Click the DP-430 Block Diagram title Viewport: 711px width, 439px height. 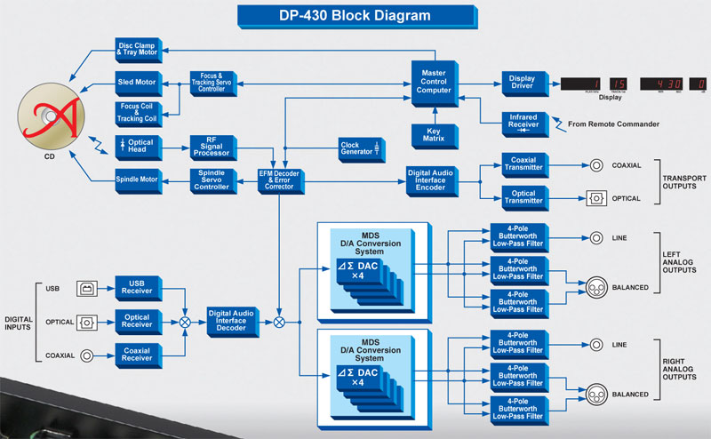355,15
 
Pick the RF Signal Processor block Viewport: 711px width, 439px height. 212,147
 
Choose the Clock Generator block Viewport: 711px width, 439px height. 357,147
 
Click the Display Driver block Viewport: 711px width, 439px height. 522,83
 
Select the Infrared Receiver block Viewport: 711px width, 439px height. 522,122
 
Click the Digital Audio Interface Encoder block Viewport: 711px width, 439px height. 432,180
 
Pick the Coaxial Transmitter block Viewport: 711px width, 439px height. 522,164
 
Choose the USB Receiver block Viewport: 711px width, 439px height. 137,287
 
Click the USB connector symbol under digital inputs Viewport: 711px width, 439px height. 87,287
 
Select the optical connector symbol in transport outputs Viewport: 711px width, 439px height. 595,197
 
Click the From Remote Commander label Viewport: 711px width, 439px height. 614,124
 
